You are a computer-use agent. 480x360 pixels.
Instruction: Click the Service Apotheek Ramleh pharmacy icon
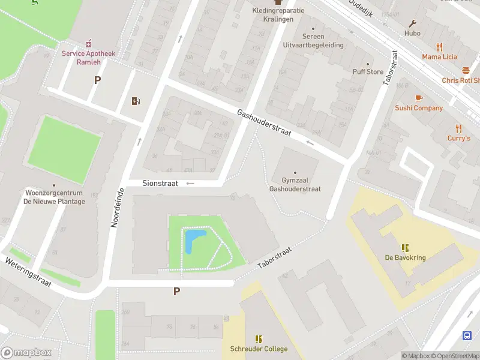click(89, 43)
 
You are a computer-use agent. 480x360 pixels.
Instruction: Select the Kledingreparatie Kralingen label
click(278, 14)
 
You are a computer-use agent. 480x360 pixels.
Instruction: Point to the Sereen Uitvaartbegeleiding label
click(313, 41)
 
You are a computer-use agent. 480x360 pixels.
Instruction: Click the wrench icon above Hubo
click(412, 23)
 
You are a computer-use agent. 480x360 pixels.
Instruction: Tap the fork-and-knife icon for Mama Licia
click(439, 47)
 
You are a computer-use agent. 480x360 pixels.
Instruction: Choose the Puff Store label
click(367, 71)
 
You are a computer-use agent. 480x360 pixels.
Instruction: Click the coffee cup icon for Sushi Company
click(419, 98)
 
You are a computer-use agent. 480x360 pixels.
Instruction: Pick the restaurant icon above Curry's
click(459, 128)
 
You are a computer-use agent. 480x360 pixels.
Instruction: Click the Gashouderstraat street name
click(264, 123)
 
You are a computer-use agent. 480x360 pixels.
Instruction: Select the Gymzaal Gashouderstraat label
click(295, 184)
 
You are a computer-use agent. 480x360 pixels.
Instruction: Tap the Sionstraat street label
click(160, 184)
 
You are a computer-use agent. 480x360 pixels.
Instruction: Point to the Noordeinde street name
click(117, 207)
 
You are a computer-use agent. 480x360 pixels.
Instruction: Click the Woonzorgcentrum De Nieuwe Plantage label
click(54, 197)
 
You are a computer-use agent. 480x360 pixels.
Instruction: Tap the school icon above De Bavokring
click(406, 248)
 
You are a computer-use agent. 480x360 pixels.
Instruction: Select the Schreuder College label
click(259, 349)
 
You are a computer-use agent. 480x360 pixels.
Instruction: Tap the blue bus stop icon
click(466, 335)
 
